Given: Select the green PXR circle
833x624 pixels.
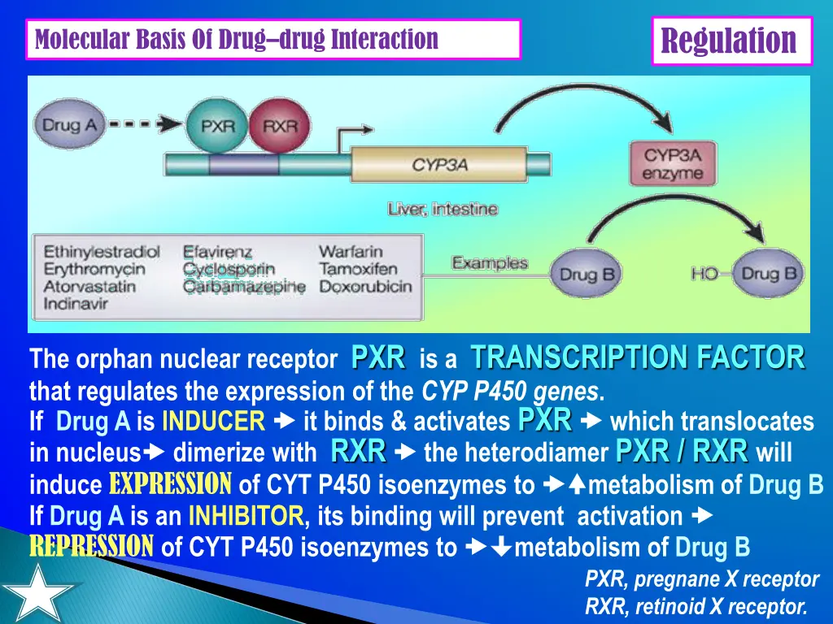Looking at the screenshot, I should (217, 126).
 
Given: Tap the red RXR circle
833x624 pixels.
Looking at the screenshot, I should (280, 126).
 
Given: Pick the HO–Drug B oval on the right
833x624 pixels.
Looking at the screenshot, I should (768, 274).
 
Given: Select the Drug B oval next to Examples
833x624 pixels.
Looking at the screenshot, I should (587, 274).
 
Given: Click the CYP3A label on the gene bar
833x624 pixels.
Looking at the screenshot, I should (439, 165).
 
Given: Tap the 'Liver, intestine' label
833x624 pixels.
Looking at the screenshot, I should (443, 209).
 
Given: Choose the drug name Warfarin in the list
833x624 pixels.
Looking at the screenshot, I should (350, 252).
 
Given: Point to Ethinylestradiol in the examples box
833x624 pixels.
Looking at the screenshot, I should (102, 252).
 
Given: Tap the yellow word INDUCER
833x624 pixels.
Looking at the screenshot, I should (213, 422).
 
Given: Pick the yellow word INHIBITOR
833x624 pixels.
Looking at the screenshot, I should (246, 516).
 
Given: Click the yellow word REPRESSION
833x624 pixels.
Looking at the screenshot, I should (91, 547).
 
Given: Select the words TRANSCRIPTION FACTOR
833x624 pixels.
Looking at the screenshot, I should (638, 357).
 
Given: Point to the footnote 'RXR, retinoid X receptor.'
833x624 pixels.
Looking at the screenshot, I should (696, 606).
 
